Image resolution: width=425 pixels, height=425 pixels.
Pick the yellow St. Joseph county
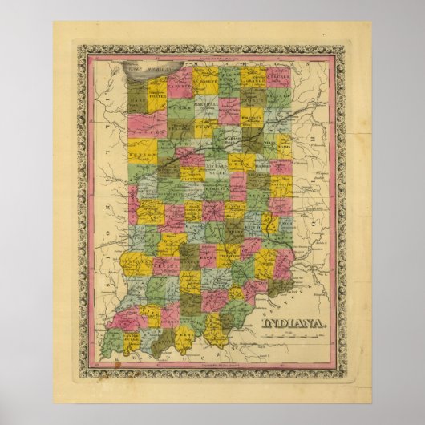coord(204,79)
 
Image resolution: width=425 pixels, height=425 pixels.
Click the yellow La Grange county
coord(254,79)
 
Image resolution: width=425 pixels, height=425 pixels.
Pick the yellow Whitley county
coord(253,120)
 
